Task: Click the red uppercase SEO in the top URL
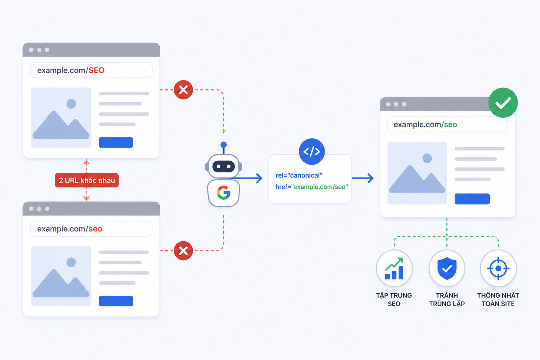[x=96, y=70]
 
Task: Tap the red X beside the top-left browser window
[x=183, y=90]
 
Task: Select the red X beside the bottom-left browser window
[x=183, y=251]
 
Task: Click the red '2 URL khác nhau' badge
[x=87, y=180]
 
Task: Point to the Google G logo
[x=224, y=193]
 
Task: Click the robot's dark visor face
[x=224, y=166]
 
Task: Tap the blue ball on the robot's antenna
[x=224, y=144]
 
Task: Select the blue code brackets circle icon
[x=312, y=152]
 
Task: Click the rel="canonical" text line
[x=299, y=175]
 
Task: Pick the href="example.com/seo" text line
[x=312, y=187]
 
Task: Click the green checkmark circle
[x=503, y=103]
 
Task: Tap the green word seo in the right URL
[x=451, y=125]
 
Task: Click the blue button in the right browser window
[x=472, y=199]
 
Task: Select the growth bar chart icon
[x=394, y=268]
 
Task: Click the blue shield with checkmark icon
[x=447, y=268]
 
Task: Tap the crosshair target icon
[x=498, y=268]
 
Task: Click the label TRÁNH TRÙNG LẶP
[x=447, y=300]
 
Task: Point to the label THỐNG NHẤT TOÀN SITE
[x=498, y=300]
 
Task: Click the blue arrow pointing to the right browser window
[x=363, y=178]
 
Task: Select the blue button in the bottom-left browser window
[x=116, y=301]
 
